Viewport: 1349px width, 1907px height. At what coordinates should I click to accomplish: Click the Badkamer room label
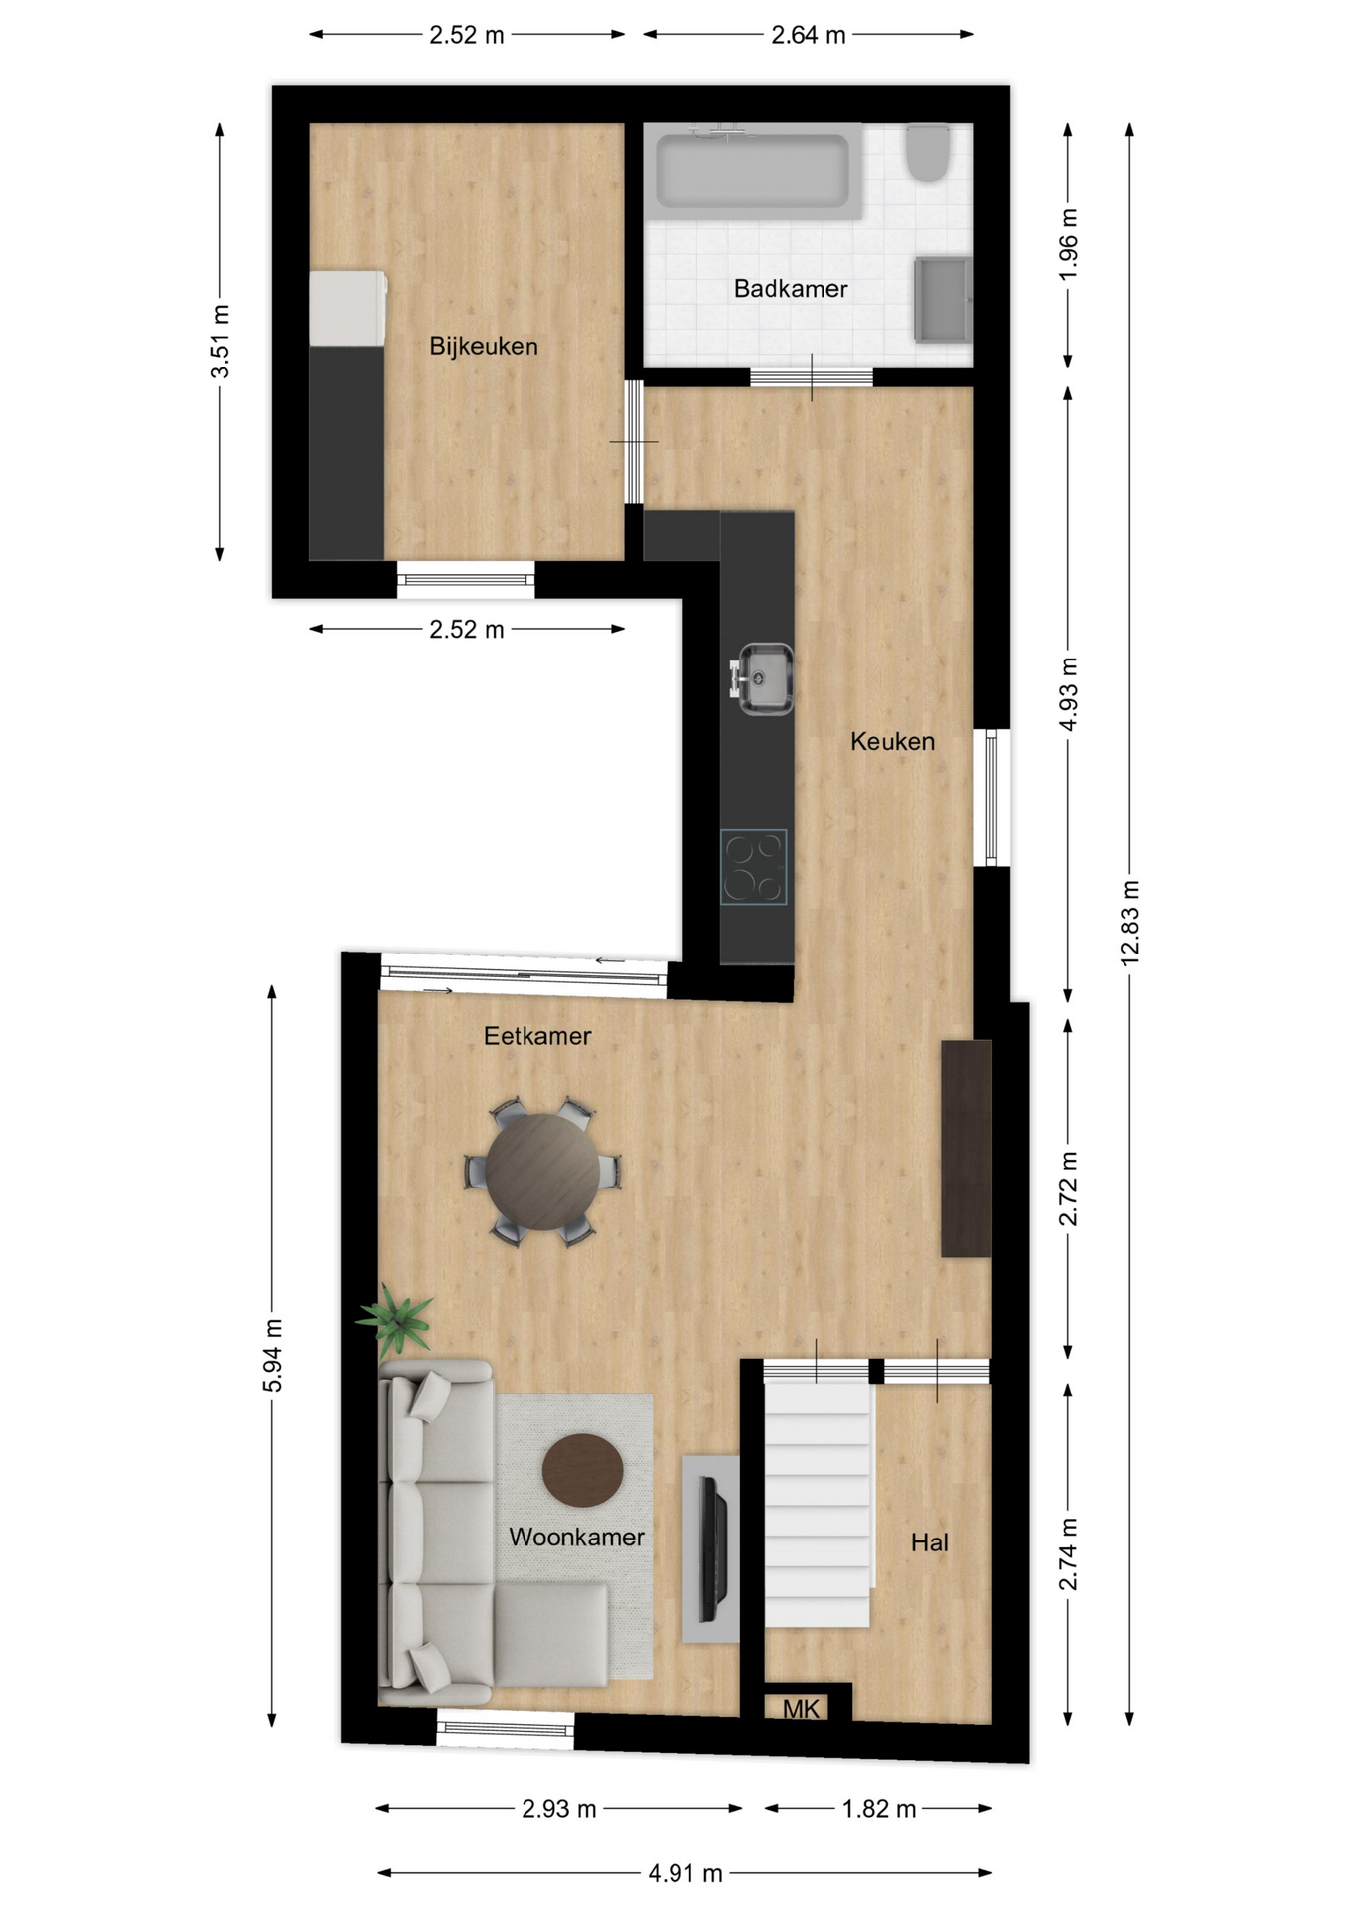click(x=791, y=289)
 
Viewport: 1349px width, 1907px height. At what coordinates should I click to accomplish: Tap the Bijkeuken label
click(x=484, y=346)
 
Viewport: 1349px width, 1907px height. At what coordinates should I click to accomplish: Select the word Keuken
click(x=892, y=741)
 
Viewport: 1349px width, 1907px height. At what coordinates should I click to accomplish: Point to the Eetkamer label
click(x=537, y=1036)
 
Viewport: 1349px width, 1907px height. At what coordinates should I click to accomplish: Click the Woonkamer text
click(x=576, y=1537)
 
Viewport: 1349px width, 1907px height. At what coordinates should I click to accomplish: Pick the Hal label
click(x=930, y=1542)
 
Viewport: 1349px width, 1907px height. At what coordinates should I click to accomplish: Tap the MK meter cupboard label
click(x=801, y=1708)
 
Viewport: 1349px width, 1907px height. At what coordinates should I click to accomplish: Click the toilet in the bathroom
click(x=929, y=152)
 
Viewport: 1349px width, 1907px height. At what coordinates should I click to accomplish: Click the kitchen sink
click(x=762, y=678)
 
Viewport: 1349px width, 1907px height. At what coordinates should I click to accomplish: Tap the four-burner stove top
click(x=754, y=867)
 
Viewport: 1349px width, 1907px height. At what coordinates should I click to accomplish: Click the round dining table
click(x=542, y=1172)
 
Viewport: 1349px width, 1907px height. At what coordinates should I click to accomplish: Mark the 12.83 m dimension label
click(x=1129, y=923)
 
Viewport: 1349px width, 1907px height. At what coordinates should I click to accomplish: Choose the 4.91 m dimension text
click(x=685, y=1873)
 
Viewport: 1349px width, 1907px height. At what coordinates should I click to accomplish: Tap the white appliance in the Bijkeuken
click(x=348, y=308)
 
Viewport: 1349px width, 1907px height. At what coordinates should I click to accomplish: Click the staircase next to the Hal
click(x=818, y=1504)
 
